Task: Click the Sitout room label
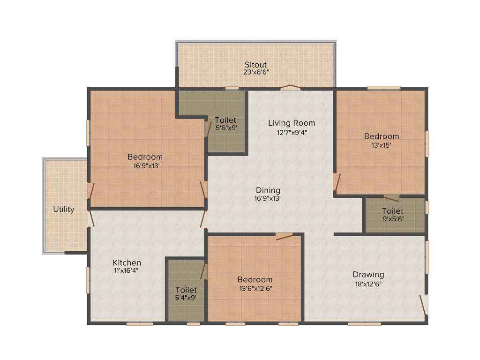coord(256,65)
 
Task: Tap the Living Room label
coord(292,123)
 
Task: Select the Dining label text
coord(268,190)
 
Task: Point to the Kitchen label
coord(127,263)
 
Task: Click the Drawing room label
coord(368,275)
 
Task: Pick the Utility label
coord(64,210)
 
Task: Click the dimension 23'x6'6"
coord(256,73)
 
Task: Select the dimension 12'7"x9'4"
coord(292,132)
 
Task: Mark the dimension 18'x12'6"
coord(368,284)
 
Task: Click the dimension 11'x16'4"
coord(126,270)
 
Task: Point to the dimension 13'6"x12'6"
coord(255,288)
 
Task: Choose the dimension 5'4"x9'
coord(186,298)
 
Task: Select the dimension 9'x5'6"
coord(392,219)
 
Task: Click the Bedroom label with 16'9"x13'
coord(145,157)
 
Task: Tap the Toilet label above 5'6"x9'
coord(225,120)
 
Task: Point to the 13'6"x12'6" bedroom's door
coord(285,236)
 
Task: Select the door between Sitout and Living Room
coord(291,88)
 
